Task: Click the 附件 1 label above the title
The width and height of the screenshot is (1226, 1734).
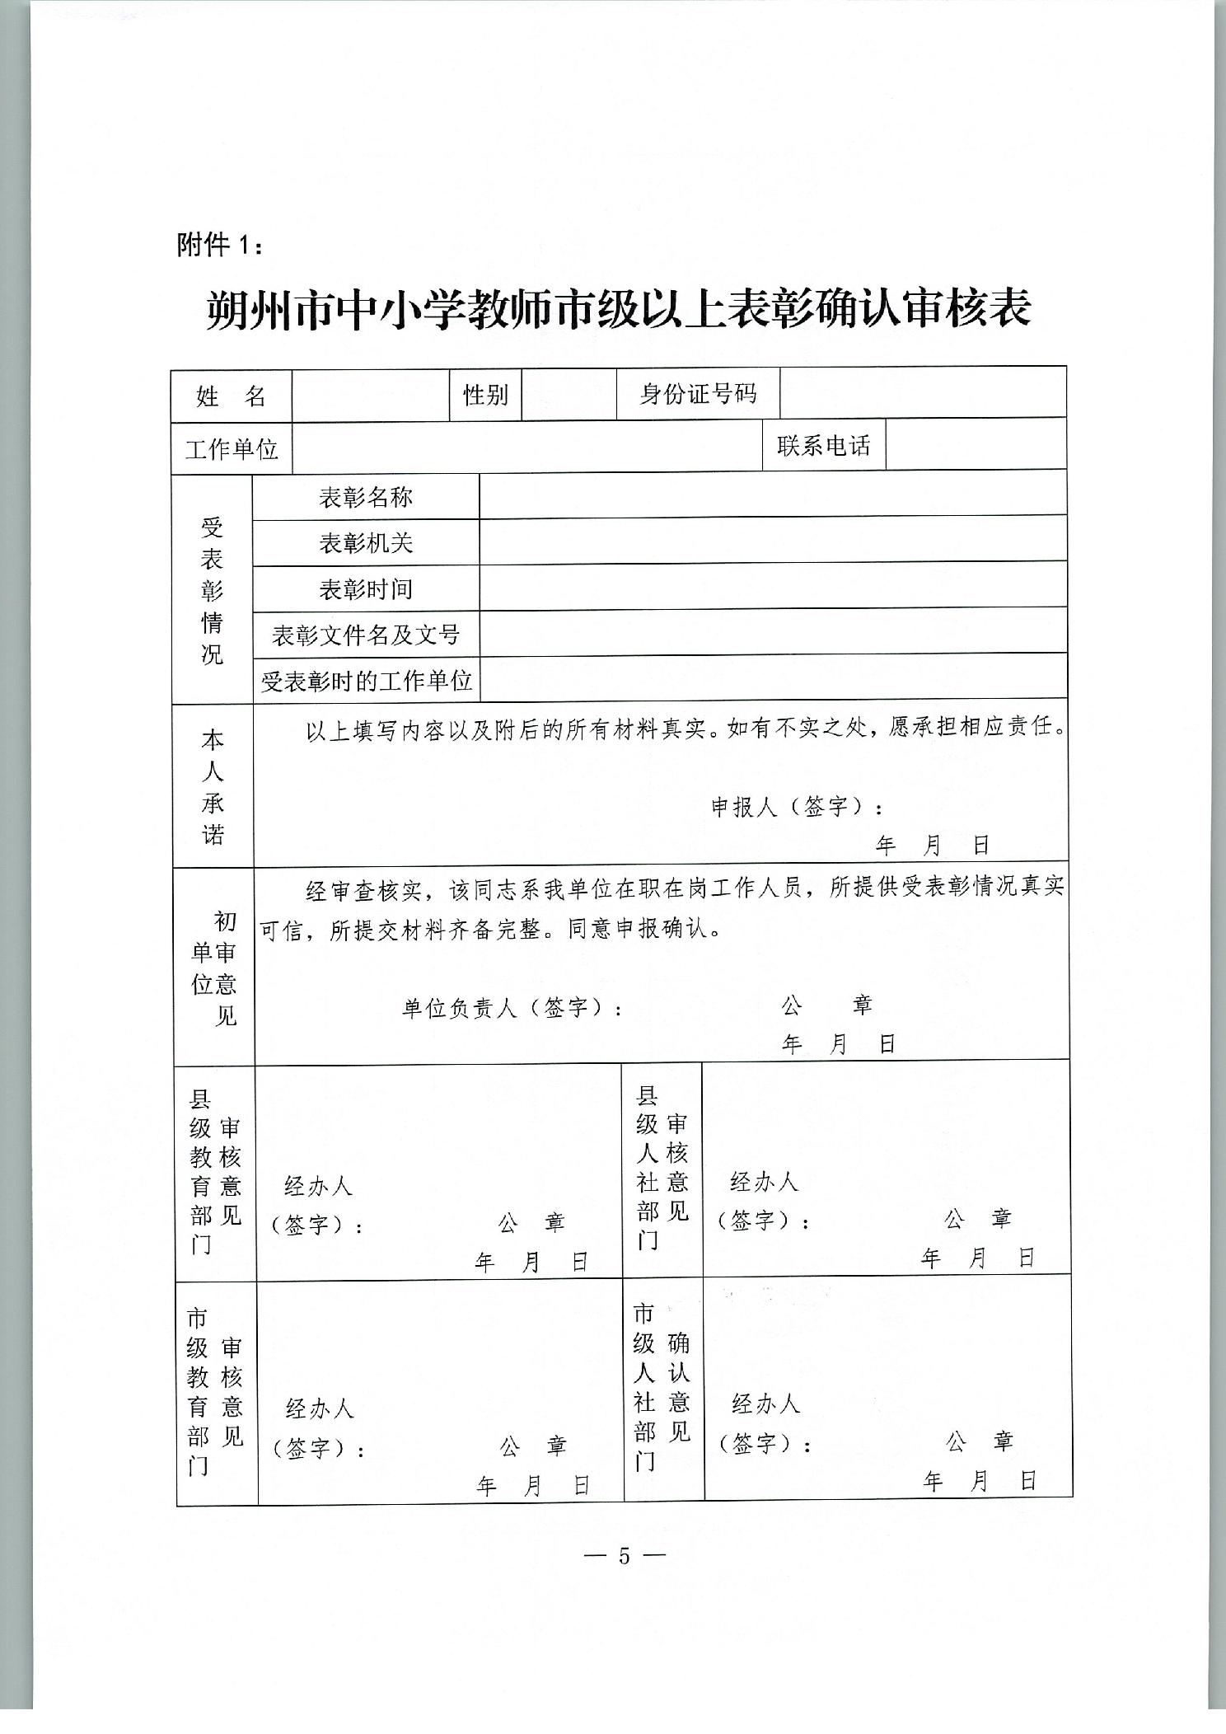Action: [x=220, y=246]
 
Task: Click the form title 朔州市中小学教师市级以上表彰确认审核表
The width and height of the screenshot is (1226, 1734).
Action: [x=618, y=311]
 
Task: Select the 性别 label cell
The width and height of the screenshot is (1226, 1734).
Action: [x=485, y=395]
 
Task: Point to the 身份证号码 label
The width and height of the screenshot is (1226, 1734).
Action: [x=698, y=394]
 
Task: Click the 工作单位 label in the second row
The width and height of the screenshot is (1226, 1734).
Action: [x=232, y=449]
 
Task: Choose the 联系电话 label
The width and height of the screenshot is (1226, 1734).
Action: [x=823, y=446]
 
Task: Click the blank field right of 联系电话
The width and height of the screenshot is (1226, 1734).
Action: [x=976, y=445]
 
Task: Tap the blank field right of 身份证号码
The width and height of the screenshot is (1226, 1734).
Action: [x=922, y=393]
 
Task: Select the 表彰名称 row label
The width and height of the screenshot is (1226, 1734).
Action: [x=366, y=497]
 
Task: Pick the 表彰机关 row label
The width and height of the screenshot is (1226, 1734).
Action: [x=366, y=543]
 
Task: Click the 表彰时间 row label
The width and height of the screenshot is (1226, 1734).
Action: [x=366, y=589]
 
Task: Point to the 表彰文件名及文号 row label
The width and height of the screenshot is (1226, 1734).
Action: [x=366, y=635]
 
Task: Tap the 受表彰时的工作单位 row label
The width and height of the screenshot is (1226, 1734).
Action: [x=366, y=681]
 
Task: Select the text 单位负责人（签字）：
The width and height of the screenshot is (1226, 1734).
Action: [x=512, y=1008]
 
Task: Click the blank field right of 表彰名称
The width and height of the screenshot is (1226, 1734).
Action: [x=772, y=496]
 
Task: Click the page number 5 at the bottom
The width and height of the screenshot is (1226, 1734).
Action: [x=624, y=1555]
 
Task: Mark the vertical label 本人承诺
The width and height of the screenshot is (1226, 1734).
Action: [x=213, y=787]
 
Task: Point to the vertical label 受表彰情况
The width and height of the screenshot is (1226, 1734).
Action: [x=213, y=590]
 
